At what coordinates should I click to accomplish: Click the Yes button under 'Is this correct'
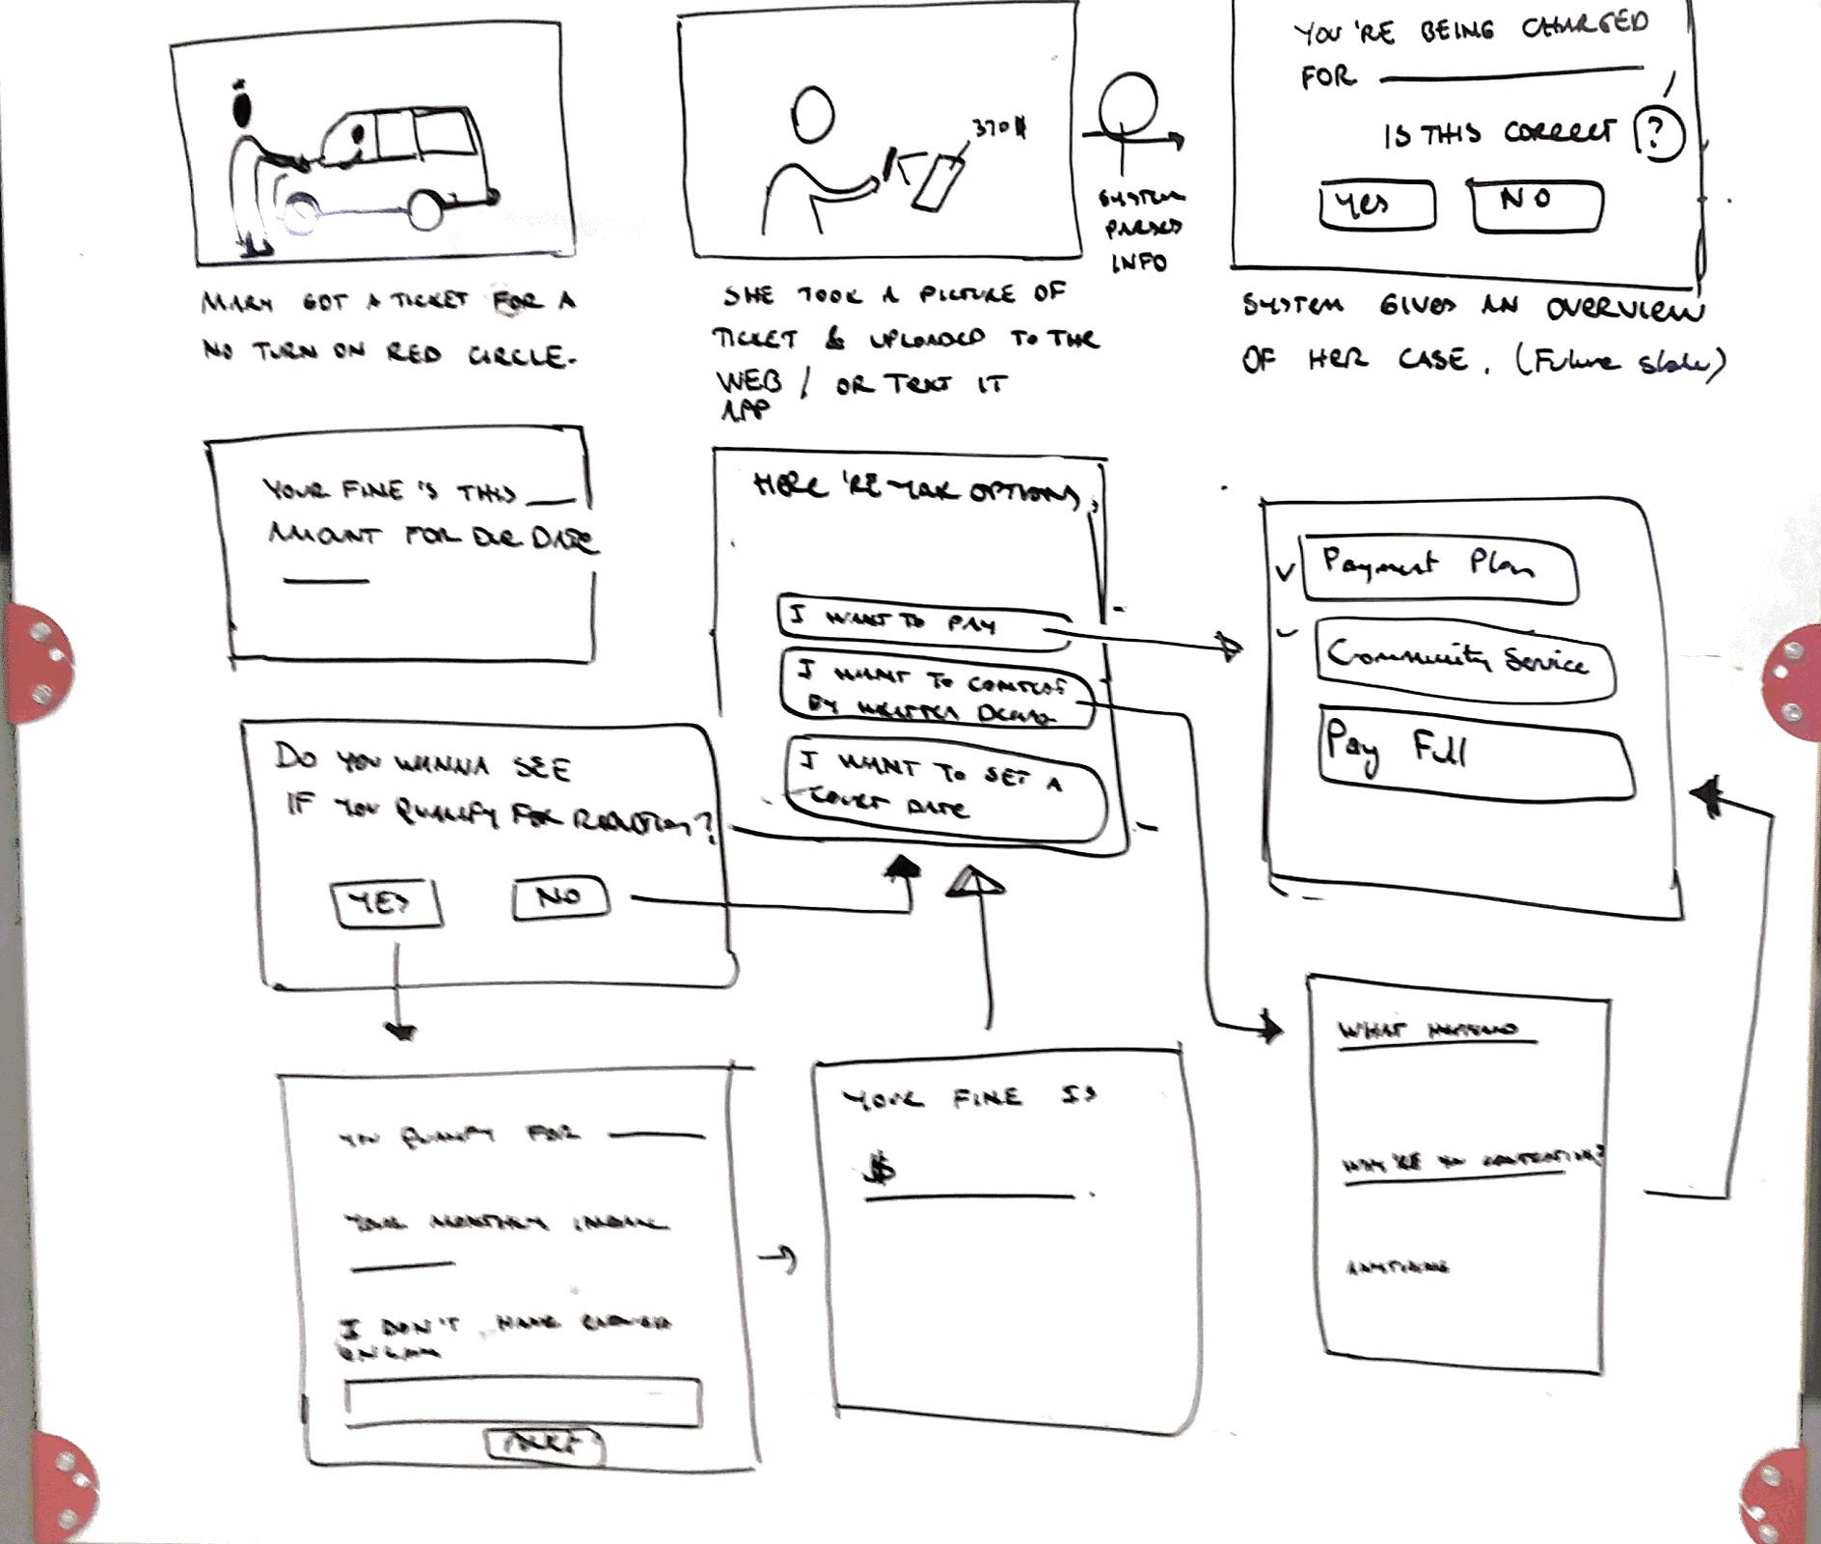point(1376,205)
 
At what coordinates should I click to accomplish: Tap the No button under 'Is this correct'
point(1536,206)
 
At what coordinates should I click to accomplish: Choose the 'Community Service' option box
point(1463,661)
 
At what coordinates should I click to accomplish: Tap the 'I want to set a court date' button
point(945,788)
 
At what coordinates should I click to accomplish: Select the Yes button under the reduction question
point(385,903)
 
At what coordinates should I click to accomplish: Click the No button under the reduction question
point(560,896)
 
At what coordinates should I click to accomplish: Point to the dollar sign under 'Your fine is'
point(880,1171)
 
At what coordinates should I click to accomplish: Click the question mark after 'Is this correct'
point(1658,135)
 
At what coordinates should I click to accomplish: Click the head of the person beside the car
point(242,104)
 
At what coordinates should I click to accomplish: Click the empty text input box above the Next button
point(522,1402)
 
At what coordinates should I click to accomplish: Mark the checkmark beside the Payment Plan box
point(1284,571)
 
